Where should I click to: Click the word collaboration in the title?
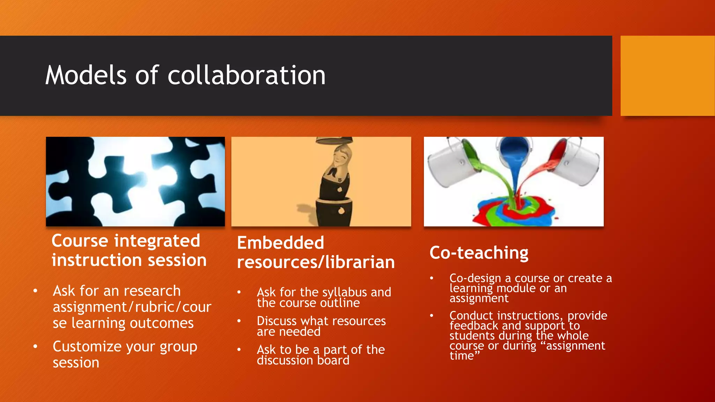[246, 75]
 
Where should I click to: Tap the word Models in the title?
[86, 75]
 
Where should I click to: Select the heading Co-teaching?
[479, 253]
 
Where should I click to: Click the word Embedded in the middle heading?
[281, 243]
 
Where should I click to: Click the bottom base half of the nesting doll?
[334, 211]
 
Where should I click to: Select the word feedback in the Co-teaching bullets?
[474, 326]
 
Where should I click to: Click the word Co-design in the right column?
[475, 278]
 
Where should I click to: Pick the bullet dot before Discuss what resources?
[239, 321]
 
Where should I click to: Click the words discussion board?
[303, 360]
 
